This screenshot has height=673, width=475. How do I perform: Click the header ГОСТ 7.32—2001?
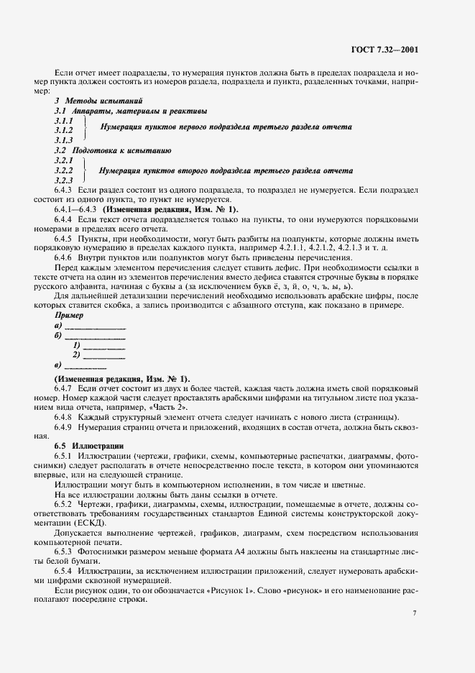386,50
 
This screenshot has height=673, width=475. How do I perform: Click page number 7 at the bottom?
415,613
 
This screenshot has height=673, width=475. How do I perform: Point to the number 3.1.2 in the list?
64,131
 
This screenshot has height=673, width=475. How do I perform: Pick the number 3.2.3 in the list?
64,180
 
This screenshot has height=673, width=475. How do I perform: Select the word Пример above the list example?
68,315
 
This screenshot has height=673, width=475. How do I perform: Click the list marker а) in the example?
58,326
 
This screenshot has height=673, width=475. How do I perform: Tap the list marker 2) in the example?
76,354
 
